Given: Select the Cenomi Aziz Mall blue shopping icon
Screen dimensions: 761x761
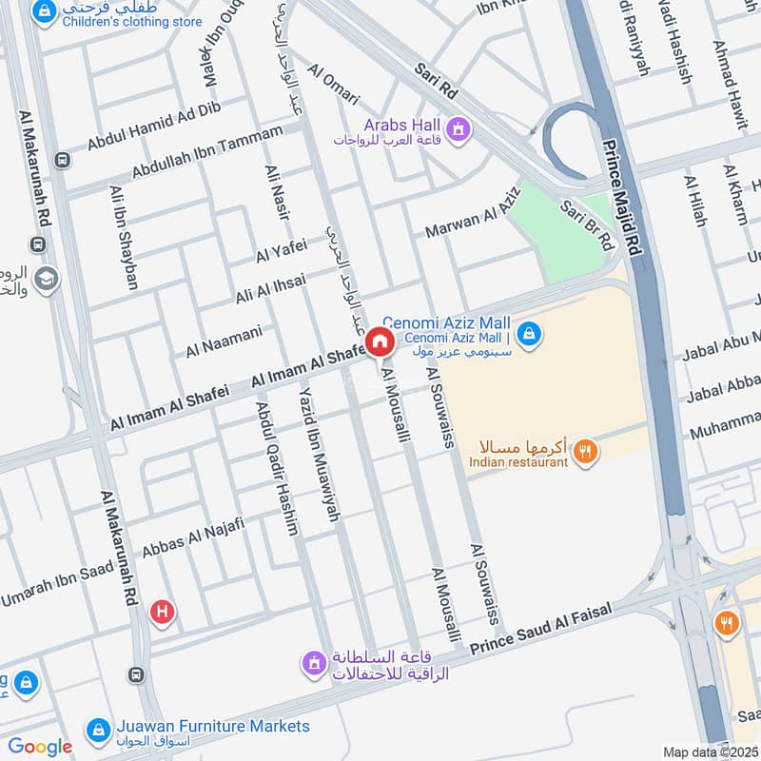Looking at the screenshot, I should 531,334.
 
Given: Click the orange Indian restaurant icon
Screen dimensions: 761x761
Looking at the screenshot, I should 587,453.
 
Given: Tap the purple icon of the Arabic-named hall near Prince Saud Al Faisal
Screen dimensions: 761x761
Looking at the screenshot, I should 314,662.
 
